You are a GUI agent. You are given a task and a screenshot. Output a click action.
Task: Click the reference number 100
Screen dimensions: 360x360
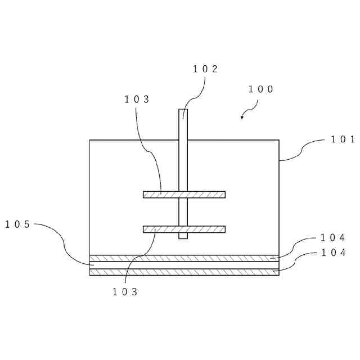click(260, 89)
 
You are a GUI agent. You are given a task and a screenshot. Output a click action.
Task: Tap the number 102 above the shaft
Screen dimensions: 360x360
click(205, 69)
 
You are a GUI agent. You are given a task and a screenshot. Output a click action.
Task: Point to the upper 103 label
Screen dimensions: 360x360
click(137, 99)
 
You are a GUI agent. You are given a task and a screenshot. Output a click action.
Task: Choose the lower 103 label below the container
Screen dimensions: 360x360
click(125, 292)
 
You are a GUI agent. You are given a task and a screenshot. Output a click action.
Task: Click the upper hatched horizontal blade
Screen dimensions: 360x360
click(184, 195)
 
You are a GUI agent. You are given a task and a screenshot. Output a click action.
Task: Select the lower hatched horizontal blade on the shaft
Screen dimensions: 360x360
click(184, 229)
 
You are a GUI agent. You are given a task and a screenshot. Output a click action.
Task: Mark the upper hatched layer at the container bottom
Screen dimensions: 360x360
click(184, 258)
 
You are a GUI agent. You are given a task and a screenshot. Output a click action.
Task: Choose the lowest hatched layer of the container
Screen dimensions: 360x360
click(184, 272)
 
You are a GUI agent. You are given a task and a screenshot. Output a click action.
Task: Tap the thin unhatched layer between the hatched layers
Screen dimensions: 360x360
click(184, 265)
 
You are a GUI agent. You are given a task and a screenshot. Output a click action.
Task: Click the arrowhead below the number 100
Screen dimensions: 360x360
click(242, 117)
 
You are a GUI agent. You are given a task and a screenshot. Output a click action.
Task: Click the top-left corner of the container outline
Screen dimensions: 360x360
click(90, 140)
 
